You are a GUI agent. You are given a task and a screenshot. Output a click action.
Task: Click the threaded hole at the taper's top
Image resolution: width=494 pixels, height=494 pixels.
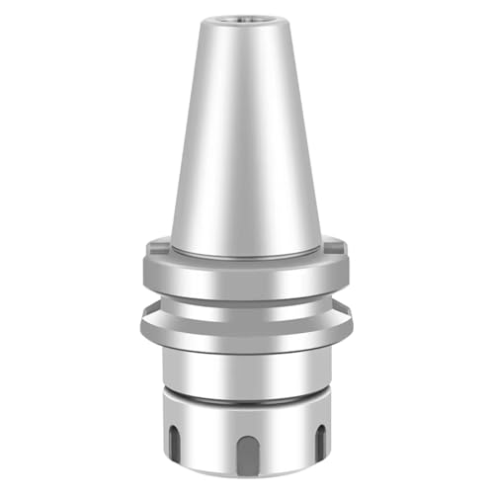click(246, 19)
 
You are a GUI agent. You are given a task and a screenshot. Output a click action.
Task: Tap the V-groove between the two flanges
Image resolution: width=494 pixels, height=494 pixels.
click(246, 304)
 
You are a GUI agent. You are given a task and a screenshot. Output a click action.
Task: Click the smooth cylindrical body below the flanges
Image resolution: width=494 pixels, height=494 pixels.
click(246, 370)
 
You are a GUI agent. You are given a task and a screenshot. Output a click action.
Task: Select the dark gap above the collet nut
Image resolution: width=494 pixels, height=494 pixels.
click(246, 397)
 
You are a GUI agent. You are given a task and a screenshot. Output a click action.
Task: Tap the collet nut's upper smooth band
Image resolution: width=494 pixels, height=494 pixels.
click(246, 415)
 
